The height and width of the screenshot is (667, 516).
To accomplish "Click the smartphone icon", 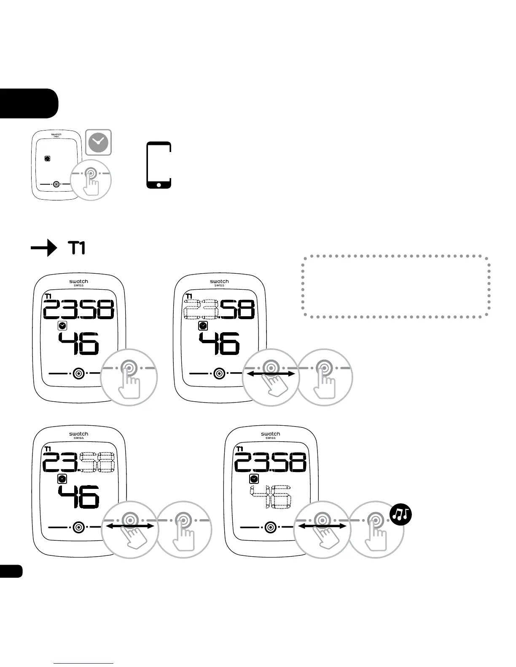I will pyautogui.click(x=159, y=165).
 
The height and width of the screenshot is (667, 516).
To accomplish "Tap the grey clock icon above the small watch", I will pyautogui.click(x=99, y=142).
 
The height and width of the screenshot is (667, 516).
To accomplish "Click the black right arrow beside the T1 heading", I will pyautogui.click(x=44, y=248).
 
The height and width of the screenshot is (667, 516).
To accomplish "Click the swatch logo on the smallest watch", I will pyautogui.click(x=56, y=135).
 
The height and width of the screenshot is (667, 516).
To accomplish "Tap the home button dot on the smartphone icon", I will pyautogui.click(x=159, y=184).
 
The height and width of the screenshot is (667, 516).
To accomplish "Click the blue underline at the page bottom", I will pyautogui.click(x=84, y=664).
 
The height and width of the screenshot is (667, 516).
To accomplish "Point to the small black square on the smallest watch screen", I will pyautogui.click(x=47, y=158).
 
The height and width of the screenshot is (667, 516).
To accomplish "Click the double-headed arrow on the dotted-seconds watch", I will pyautogui.click(x=322, y=526).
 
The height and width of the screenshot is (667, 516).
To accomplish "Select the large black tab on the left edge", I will pyautogui.click(x=28, y=103).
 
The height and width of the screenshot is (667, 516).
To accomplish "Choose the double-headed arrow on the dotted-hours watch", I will pyautogui.click(x=270, y=374).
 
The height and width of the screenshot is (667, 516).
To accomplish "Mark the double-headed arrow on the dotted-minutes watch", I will pyautogui.click(x=129, y=526).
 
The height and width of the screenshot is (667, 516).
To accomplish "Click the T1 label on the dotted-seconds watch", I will pyautogui.click(x=240, y=449).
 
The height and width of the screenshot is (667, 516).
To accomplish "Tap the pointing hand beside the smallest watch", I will pyautogui.click(x=92, y=185).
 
